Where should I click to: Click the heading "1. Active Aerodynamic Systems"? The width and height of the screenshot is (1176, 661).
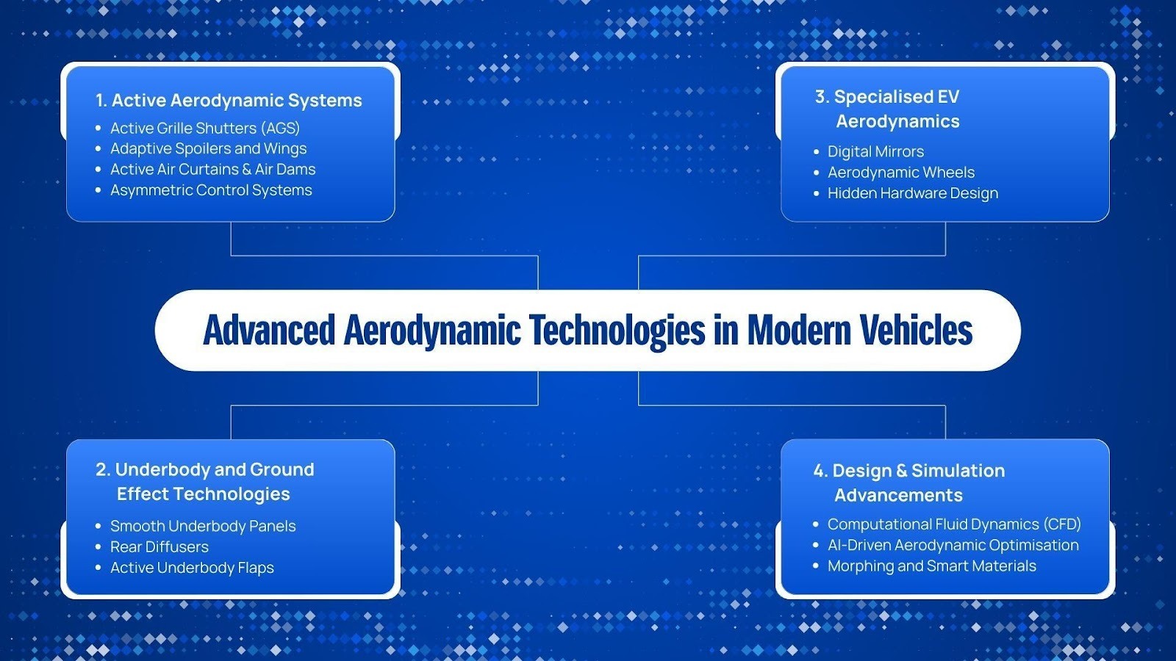tap(229, 101)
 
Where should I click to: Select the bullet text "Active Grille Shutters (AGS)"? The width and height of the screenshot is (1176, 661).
tap(205, 129)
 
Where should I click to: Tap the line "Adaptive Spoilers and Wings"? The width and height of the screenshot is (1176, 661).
tap(209, 149)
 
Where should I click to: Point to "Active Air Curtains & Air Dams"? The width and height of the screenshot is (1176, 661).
tap(213, 170)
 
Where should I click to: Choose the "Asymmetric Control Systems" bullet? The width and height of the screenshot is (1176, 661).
tap(211, 190)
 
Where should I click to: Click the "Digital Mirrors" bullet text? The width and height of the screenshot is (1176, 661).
tap(875, 152)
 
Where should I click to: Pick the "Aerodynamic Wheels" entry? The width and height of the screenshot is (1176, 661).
tap(901, 173)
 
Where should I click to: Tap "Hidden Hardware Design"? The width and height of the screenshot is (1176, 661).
tap(913, 193)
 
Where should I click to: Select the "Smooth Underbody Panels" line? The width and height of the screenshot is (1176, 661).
tap(203, 527)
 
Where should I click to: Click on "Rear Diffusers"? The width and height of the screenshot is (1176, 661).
tap(159, 547)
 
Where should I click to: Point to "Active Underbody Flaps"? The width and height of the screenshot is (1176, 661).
tap(192, 568)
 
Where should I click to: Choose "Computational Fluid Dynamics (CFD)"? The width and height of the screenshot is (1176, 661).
tap(954, 524)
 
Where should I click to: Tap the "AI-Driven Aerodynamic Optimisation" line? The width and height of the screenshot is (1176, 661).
tap(953, 545)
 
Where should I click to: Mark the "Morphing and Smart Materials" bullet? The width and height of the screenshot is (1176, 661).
tap(932, 566)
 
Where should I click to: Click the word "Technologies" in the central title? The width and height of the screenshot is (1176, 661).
tap(617, 330)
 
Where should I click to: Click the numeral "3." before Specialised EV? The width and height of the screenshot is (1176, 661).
tap(822, 97)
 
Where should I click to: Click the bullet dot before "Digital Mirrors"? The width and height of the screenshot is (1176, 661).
tap(816, 152)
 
